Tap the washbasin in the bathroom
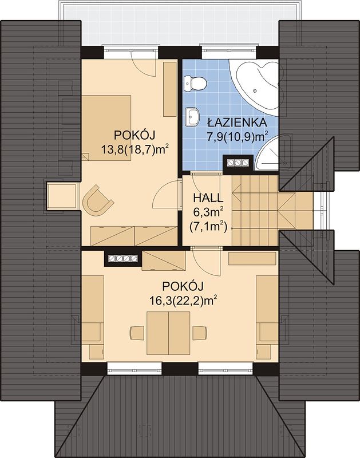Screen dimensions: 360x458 coord(192,117)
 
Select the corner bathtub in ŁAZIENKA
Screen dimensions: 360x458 coord(254,84)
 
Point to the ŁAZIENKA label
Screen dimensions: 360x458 coord(237,122)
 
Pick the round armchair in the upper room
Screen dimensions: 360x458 coord(97,198)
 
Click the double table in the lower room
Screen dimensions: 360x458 coord(168,333)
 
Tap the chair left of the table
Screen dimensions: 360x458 coord(137,333)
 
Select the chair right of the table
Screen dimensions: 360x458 coord(200,333)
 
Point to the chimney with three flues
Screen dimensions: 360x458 coord(238,163)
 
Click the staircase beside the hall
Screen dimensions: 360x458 coord(256,210)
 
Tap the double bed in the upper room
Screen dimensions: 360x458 coord(106,128)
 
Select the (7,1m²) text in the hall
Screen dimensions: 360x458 coord(208,226)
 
